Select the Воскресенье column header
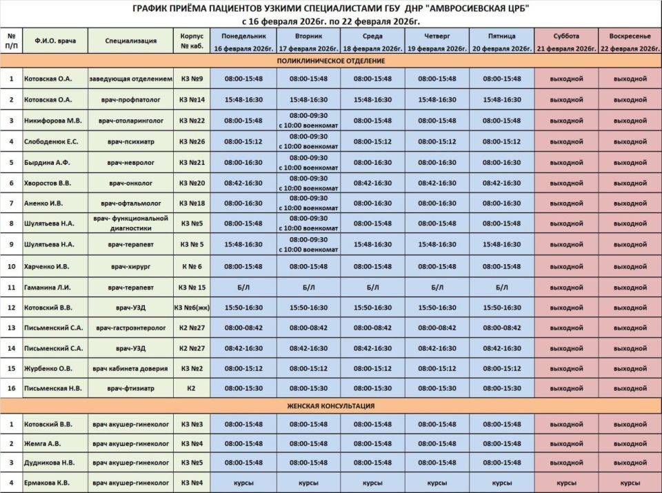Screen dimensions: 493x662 tap(630, 42)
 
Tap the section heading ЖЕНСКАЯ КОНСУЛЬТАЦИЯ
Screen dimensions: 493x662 tap(331, 406)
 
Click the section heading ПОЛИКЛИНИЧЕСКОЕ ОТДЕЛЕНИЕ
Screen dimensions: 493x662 tap(331, 61)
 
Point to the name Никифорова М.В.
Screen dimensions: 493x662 tap(55, 121)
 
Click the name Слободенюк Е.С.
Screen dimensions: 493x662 tap(56, 141)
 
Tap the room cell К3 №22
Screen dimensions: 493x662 tap(192, 121)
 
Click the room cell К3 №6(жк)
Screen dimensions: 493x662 tap(192, 308)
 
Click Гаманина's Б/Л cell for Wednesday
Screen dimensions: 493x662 tap(372, 287)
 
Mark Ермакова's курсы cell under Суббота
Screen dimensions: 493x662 tap(566, 483)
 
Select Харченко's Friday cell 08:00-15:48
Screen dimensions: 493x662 tap(502, 266)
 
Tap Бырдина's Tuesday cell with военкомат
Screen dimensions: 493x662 tap(308, 163)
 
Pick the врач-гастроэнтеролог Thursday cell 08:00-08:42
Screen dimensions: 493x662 tap(437, 328)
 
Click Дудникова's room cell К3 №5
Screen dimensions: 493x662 tap(192, 463)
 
